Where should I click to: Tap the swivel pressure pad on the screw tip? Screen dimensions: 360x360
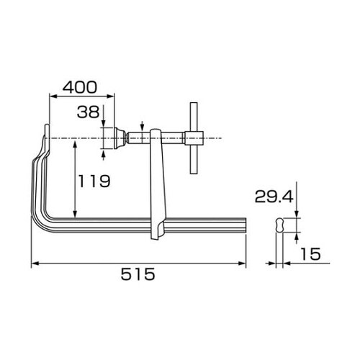112,137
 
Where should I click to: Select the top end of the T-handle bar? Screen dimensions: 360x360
193,106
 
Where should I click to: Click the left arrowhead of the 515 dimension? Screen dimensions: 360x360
34,264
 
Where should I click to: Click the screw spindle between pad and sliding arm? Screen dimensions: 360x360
137,138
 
